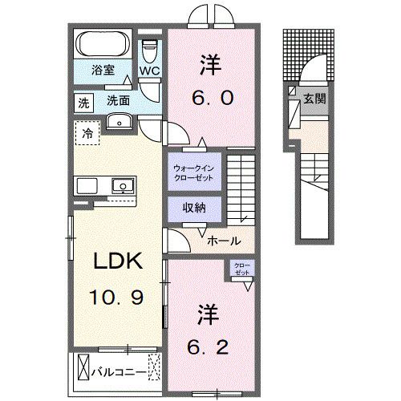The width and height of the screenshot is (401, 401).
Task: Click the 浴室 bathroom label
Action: [101, 70]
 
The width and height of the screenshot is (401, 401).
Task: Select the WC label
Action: [150, 70]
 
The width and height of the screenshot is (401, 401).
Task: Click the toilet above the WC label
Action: [149, 49]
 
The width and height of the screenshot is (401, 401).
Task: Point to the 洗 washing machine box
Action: [83, 102]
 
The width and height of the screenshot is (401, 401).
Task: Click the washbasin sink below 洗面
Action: [119, 122]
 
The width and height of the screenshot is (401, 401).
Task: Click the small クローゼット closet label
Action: [241, 269]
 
